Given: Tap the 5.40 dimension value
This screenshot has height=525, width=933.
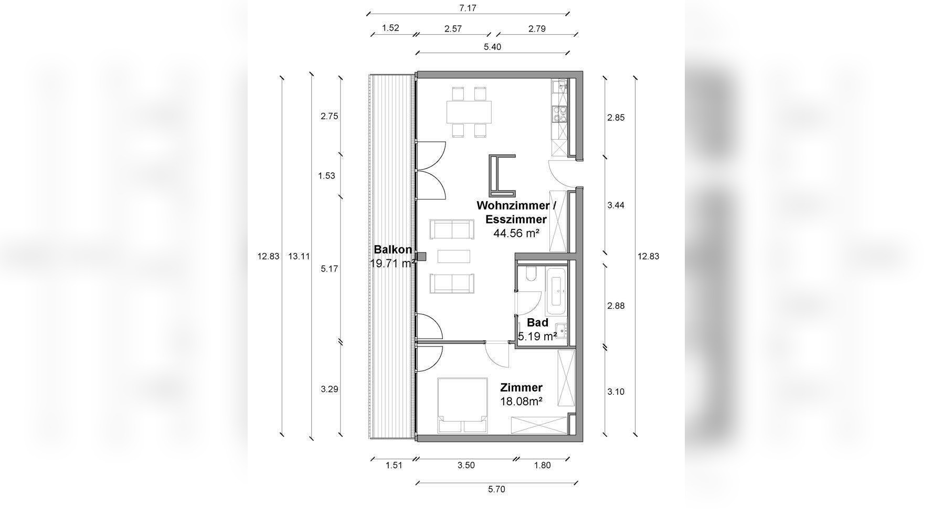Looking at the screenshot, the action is pyautogui.click(x=492, y=47).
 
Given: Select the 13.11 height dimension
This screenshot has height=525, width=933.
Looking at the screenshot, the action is pyautogui.click(x=299, y=256).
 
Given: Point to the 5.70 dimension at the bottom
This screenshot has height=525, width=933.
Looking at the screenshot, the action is pyautogui.click(x=496, y=489).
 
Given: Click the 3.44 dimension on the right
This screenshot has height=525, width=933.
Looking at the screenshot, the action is pyautogui.click(x=616, y=205).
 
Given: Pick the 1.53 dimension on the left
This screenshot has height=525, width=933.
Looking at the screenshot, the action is pyautogui.click(x=326, y=176).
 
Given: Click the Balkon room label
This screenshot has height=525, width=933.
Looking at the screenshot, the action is pyautogui.click(x=393, y=250).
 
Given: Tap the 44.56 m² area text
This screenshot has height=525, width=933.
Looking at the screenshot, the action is pyautogui.click(x=516, y=233).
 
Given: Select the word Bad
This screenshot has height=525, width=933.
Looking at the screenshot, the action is pyautogui.click(x=537, y=322).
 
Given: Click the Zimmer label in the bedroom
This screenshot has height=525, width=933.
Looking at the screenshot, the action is pyautogui.click(x=521, y=387).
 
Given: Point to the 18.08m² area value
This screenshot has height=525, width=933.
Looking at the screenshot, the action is pyautogui.click(x=521, y=402).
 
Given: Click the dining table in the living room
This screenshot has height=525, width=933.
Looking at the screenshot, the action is pyautogui.click(x=470, y=112).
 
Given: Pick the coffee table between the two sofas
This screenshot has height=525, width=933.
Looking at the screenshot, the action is pyautogui.click(x=454, y=256).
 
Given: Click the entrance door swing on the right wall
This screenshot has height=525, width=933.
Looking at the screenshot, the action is pyautogui.click(x=561, y=173).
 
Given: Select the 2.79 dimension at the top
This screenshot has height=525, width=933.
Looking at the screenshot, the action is pyautogui.click(x=537, y=28).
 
